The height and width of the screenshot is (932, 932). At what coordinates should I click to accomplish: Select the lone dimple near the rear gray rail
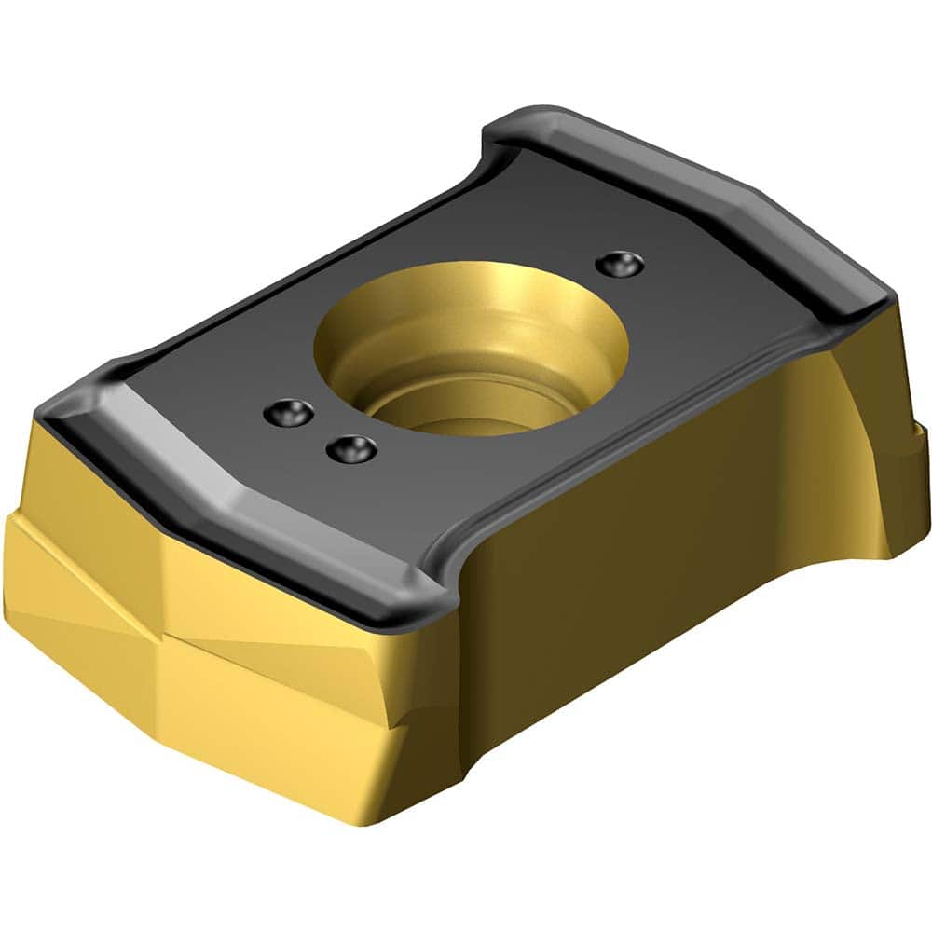(618, 263)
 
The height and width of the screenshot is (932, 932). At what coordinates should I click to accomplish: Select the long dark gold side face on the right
(652, 522)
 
